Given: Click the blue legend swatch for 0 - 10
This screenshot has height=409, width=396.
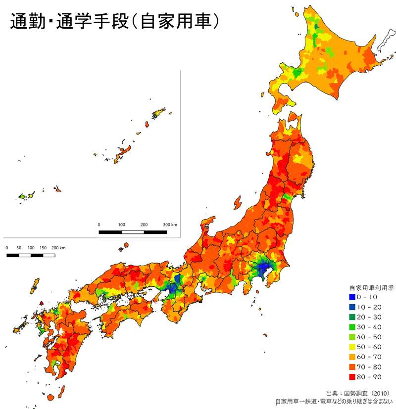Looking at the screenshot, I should point(352,297).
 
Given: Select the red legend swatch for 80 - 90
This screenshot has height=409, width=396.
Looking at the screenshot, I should point(352,377).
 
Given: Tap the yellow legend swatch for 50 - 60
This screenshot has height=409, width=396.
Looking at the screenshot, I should point(352,347).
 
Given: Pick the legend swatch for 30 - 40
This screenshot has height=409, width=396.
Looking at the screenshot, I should point(352,327).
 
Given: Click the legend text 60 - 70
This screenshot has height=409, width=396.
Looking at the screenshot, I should point(370,357).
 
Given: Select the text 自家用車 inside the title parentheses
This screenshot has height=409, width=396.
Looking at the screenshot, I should point(176,22).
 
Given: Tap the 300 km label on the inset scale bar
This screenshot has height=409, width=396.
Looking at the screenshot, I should point(169,225).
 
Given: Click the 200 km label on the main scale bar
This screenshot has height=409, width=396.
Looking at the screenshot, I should point(58,247).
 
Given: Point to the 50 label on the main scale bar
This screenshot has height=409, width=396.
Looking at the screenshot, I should point(19,247).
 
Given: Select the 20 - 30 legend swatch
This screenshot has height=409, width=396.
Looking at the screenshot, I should point(352,317).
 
